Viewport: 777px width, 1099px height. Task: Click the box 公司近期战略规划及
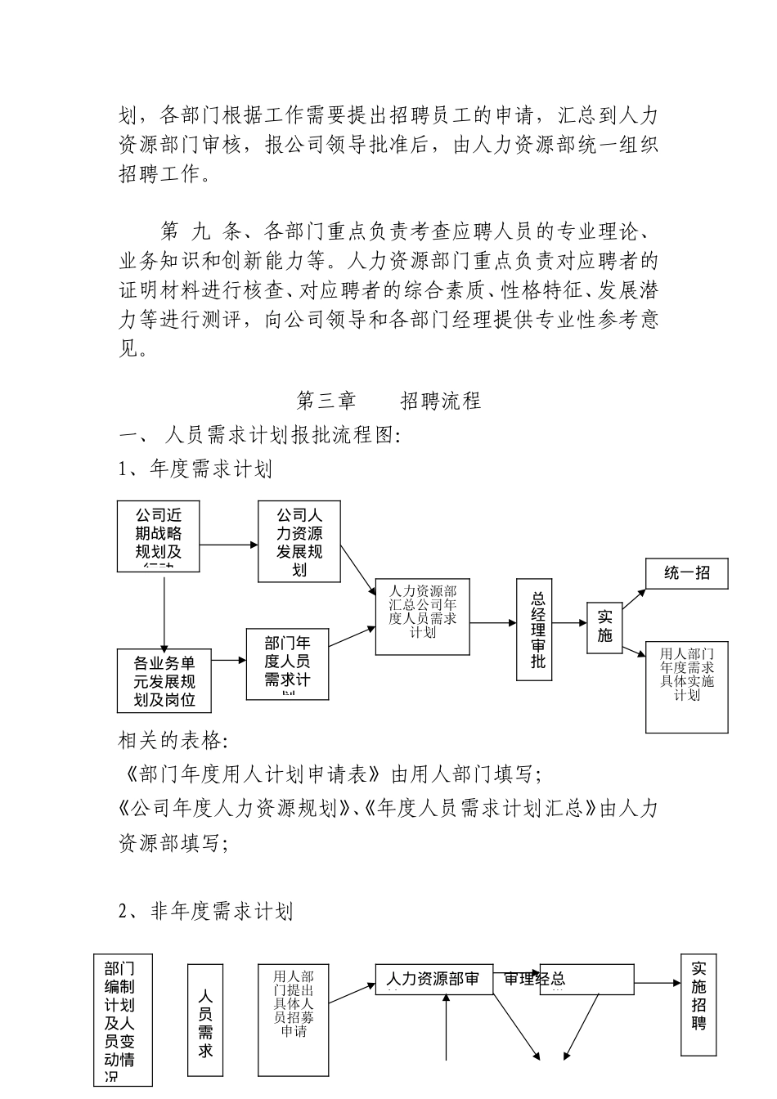coord(159,536)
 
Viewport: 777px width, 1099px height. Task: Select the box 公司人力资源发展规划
coord(299,541)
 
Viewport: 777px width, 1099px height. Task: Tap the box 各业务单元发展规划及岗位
coord(164,680)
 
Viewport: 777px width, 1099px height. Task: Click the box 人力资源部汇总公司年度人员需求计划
coord(423,617)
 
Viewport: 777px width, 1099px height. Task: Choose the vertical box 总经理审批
coord(537,630)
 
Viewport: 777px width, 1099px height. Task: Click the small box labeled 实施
coord(604,627)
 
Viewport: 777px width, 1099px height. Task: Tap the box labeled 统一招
coord(686,573)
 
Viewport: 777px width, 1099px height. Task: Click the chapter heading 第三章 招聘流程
coord(388,401)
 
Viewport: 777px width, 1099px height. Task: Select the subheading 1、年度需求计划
coord(195,469)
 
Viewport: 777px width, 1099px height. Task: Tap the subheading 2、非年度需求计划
coord(206,911)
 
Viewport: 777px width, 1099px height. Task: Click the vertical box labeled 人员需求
coord(205,1020)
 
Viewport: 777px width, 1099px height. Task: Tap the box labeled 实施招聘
coord(698,1004)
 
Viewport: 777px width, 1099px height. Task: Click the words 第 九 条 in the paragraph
coord(197,231)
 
